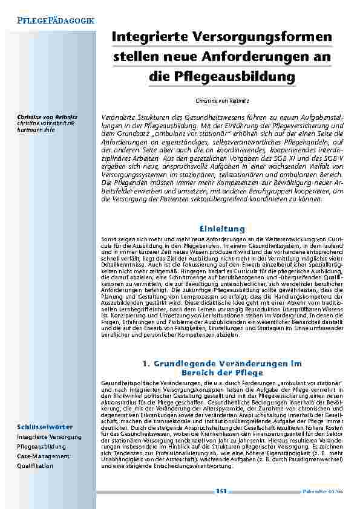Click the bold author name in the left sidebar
coord(42,115)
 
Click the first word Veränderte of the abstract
coord(119,115)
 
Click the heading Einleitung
coord(221,229)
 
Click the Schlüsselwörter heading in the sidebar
coord(45,427)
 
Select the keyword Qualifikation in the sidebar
coord(35,466)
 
